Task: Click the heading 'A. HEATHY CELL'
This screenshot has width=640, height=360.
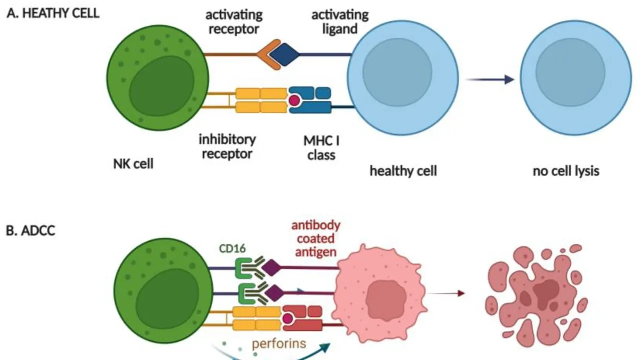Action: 53,13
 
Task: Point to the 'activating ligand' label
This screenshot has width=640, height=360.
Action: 340,21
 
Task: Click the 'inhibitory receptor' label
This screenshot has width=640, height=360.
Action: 227,145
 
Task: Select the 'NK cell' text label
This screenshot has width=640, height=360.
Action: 133,163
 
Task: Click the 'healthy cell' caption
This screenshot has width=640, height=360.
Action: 403,171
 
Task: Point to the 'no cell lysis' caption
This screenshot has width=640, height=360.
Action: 566,171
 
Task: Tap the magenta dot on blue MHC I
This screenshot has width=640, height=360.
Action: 294,100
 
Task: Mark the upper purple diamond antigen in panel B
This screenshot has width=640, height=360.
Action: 273,268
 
